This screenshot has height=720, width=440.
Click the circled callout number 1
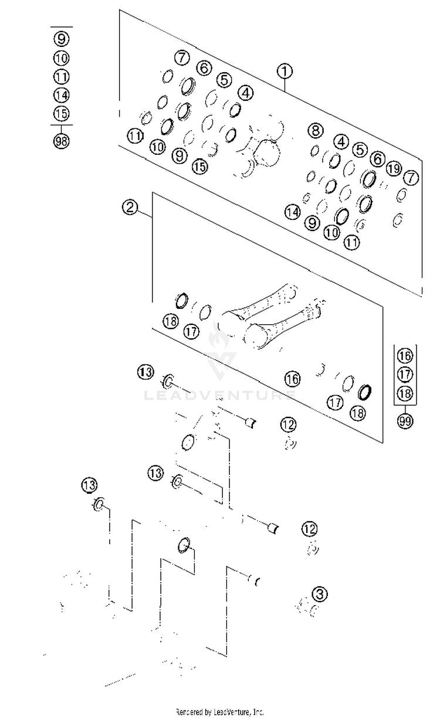click(285, 72)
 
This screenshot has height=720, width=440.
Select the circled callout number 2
click(130, 207)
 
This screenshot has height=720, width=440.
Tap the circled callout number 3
click(320, 594)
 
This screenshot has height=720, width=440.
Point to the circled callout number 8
click(316, 130)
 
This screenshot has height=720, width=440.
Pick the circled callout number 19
click(394, 169)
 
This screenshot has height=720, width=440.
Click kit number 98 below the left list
click(62, 141)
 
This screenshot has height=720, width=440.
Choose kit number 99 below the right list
click(404, 421)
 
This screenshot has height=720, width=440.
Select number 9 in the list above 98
click(62, 39)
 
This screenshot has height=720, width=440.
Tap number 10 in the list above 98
click(62, 58)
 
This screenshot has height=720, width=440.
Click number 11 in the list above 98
click(62, 76)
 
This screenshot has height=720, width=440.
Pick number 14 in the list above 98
click(62, 95)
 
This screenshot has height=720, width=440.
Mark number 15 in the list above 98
click(62, 114)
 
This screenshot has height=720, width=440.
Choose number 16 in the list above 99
click(404, 355)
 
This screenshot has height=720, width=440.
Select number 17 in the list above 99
click(404, 374)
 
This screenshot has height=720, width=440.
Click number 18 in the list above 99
click(404, 393)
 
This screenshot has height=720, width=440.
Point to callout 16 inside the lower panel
click(292, 379)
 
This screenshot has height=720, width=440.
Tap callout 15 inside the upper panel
click(200, 166)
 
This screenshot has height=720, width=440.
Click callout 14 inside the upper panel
click(293, 212)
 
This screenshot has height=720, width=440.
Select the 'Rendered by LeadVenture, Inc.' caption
click(220, 712)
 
